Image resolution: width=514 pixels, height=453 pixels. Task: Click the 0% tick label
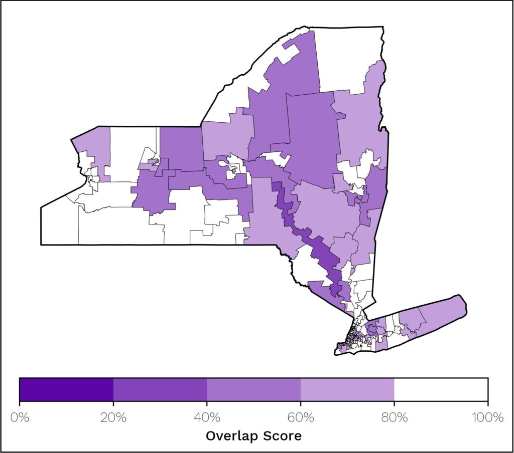point(19,417)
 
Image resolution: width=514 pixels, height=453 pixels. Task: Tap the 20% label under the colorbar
point(113,417)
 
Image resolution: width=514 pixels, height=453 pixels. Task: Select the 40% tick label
point(207,417)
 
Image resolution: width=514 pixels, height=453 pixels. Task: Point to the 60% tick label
point(301,417)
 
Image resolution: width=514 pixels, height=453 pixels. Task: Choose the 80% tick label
point(395,417)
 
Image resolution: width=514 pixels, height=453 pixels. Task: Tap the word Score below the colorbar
point(283,436)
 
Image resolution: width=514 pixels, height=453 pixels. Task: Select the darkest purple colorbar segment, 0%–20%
point(66,389)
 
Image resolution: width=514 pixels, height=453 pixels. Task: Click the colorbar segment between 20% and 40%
point(160,389)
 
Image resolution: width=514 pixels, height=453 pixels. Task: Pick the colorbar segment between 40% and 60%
point(254,389)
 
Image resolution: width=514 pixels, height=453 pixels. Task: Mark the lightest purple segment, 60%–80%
point(347,389)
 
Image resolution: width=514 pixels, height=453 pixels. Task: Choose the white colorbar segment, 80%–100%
point(441,389)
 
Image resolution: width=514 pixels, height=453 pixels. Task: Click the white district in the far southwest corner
point(58,225)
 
